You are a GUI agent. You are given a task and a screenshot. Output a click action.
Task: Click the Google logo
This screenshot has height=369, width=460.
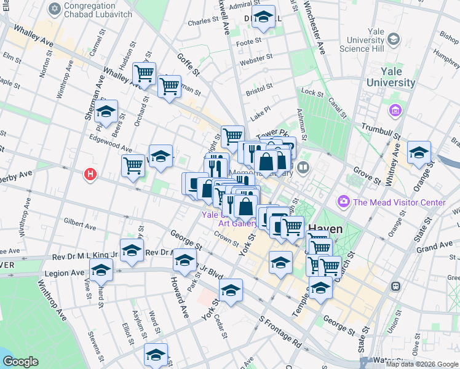tap(20, 362)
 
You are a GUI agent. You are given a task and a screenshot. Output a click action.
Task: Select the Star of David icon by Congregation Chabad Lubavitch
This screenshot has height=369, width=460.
tap(55, 9)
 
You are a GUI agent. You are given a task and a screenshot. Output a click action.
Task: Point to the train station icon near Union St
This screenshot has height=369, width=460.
tap(396, 286)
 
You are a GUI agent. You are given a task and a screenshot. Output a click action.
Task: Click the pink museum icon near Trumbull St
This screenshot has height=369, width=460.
tap(394, 111)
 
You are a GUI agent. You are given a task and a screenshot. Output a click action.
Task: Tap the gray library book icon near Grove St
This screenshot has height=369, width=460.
tap(303, 167)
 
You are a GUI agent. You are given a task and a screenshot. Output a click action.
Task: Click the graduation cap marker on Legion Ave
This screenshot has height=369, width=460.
tap(101, 269)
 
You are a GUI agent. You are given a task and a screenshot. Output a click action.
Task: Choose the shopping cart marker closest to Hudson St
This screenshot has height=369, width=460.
tap(144, 73)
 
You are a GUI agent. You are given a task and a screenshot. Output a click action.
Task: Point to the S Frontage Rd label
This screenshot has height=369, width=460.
tap(280, 332)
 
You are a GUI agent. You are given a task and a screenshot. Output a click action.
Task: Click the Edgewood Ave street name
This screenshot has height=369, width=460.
tap(111, 149)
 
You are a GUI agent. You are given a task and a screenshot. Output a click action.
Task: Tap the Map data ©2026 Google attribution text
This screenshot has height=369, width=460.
tap(421, 364)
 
